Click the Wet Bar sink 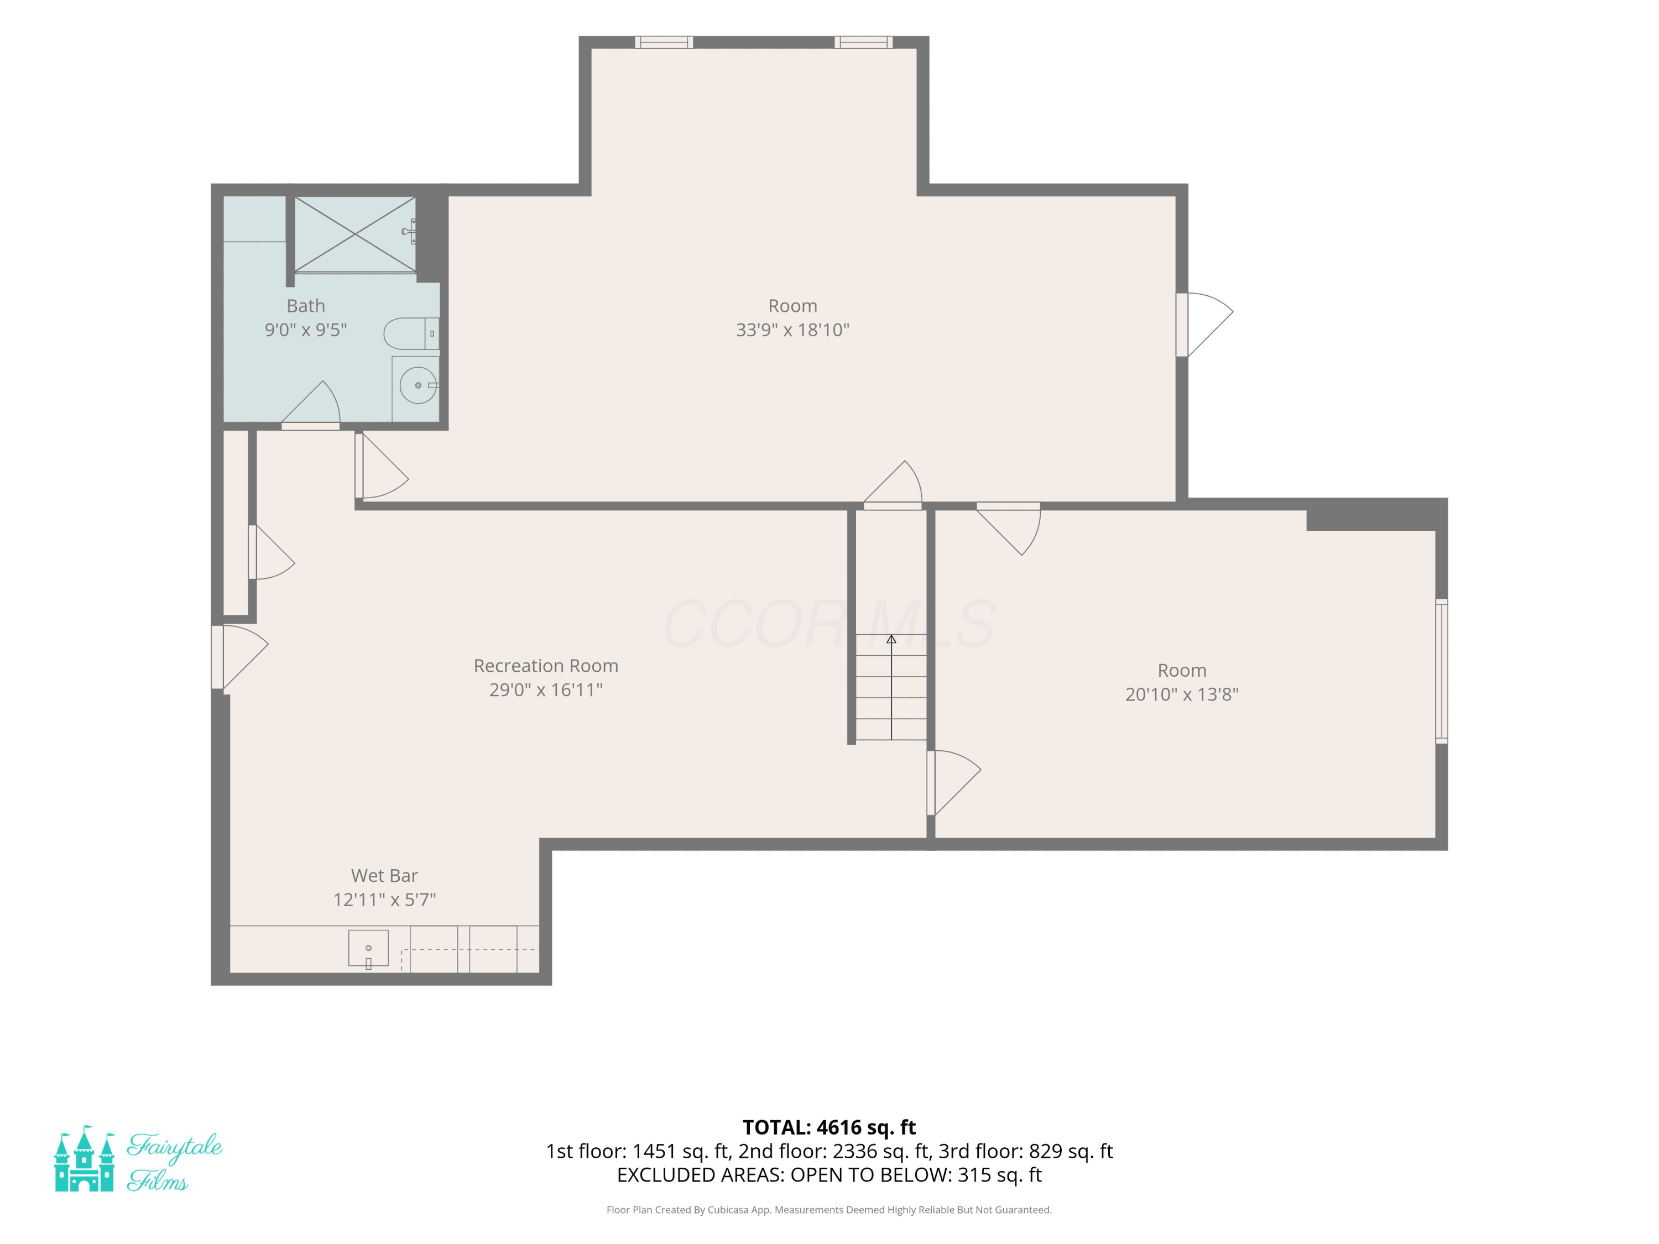pyautogui.click(x=368, y=949)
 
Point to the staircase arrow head pyautogui.click(x=891, y=640)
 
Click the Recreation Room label pyautogui.click(x=546, y=666)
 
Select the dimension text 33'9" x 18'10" pyautogui.click(x=793, y=330)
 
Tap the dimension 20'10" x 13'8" pyautogui.click(x=1182, y=694)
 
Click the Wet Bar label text pyautogui.click(x=385, y=876)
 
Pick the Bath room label pyautogui.click(x=306, y=306)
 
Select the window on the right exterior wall pyautogui.click(x=1442, y=671)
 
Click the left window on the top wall pyautogui.click(x=664, y=42)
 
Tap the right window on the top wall pyautogui.click(x=863, y=42)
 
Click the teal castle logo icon pyautogui.click(x=85, y=1158)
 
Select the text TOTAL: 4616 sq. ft pyautogui.click(x=830, y=1128)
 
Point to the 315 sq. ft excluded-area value pyautogui.click(x=1000, y=1175)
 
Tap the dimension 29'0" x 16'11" pyautogui.click(x=546, y=690)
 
